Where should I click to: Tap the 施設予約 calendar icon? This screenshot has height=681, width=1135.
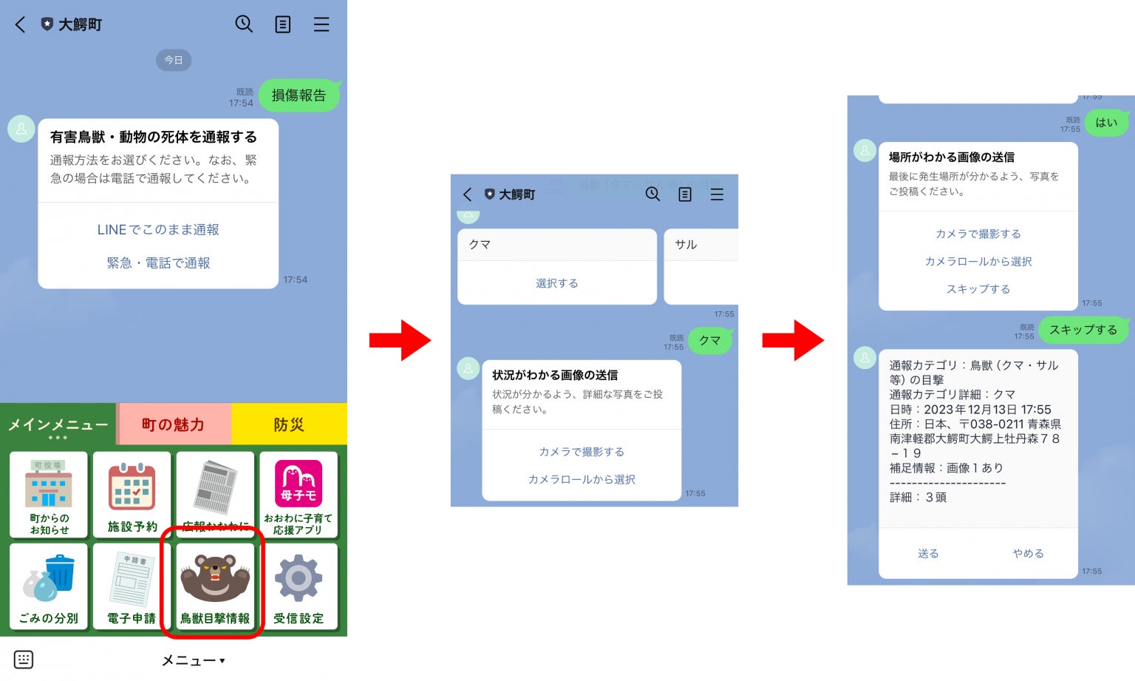tap(132, 487)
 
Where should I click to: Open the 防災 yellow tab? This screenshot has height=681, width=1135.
tap(289, 424)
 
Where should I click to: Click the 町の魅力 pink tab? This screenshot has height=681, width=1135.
tap(173, 424)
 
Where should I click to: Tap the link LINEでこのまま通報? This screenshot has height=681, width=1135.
tap(158, 230)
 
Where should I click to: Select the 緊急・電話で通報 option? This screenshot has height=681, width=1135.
tap(158, 263)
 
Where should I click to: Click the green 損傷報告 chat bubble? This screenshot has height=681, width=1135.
tap(299, 95)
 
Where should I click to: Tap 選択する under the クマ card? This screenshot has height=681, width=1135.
tap(557, 283)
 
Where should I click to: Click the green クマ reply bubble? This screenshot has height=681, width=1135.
tap(709, 340)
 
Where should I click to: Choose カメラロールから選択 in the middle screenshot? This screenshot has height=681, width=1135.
tap(582, 479)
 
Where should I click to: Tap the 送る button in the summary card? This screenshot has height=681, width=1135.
tap(928, 553)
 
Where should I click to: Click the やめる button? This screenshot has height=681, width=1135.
tap(1028, 553)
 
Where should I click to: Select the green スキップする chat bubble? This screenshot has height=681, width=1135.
tap(1083, 330)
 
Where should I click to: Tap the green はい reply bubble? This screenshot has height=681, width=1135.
tap(1106, 123)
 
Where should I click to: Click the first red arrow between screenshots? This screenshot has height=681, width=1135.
tap(400, 340)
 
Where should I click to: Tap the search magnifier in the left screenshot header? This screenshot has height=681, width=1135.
tap(244, 24)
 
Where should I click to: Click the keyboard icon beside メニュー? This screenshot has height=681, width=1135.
tap(24, 660)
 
